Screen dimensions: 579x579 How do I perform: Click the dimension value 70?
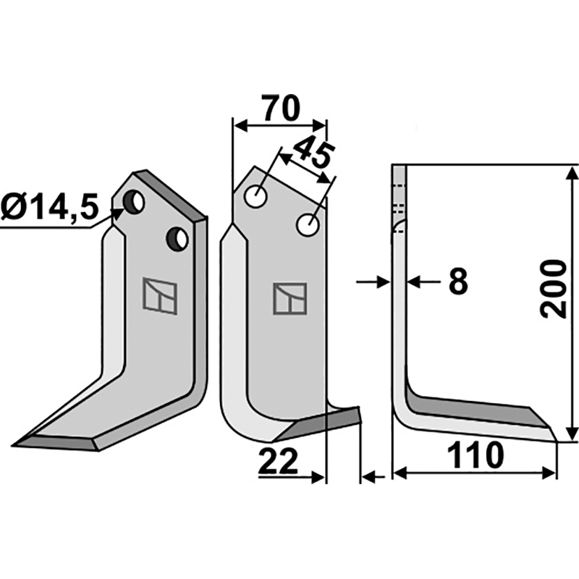point(280,109)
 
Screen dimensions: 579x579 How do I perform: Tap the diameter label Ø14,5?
point(50,208)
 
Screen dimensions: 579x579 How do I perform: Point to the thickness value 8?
point(458,282)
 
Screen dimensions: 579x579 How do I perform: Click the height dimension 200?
point(553,289)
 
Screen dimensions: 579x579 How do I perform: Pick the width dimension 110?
point(476,455)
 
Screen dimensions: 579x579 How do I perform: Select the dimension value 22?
point(278,461)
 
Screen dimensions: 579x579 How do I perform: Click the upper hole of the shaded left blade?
point(134,202)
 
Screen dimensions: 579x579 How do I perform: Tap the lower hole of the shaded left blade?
point(177,240)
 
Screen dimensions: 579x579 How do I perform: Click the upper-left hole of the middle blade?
point(255,196)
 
